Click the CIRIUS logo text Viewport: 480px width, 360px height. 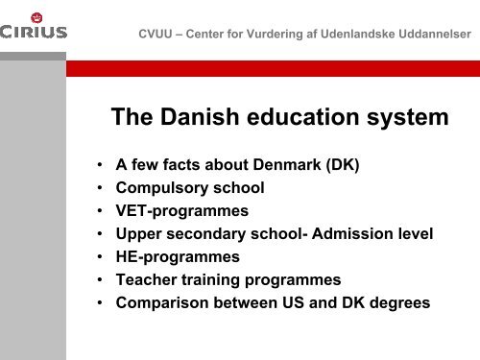34,32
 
